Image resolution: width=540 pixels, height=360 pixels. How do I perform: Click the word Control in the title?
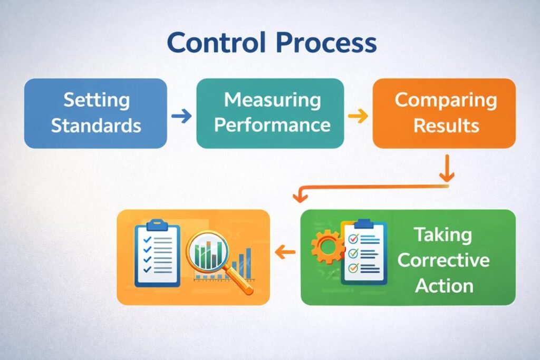tap(217, 43)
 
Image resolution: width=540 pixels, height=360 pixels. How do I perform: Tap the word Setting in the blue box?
tap(96, 100)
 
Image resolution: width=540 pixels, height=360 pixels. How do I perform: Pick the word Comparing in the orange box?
tap(446, 100)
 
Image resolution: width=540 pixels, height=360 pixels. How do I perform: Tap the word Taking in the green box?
tap(442, 235)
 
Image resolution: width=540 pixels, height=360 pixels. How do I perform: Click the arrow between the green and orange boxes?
tap(285, 254)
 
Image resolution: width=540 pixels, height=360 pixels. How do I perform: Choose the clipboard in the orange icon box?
tap(157, 254)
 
